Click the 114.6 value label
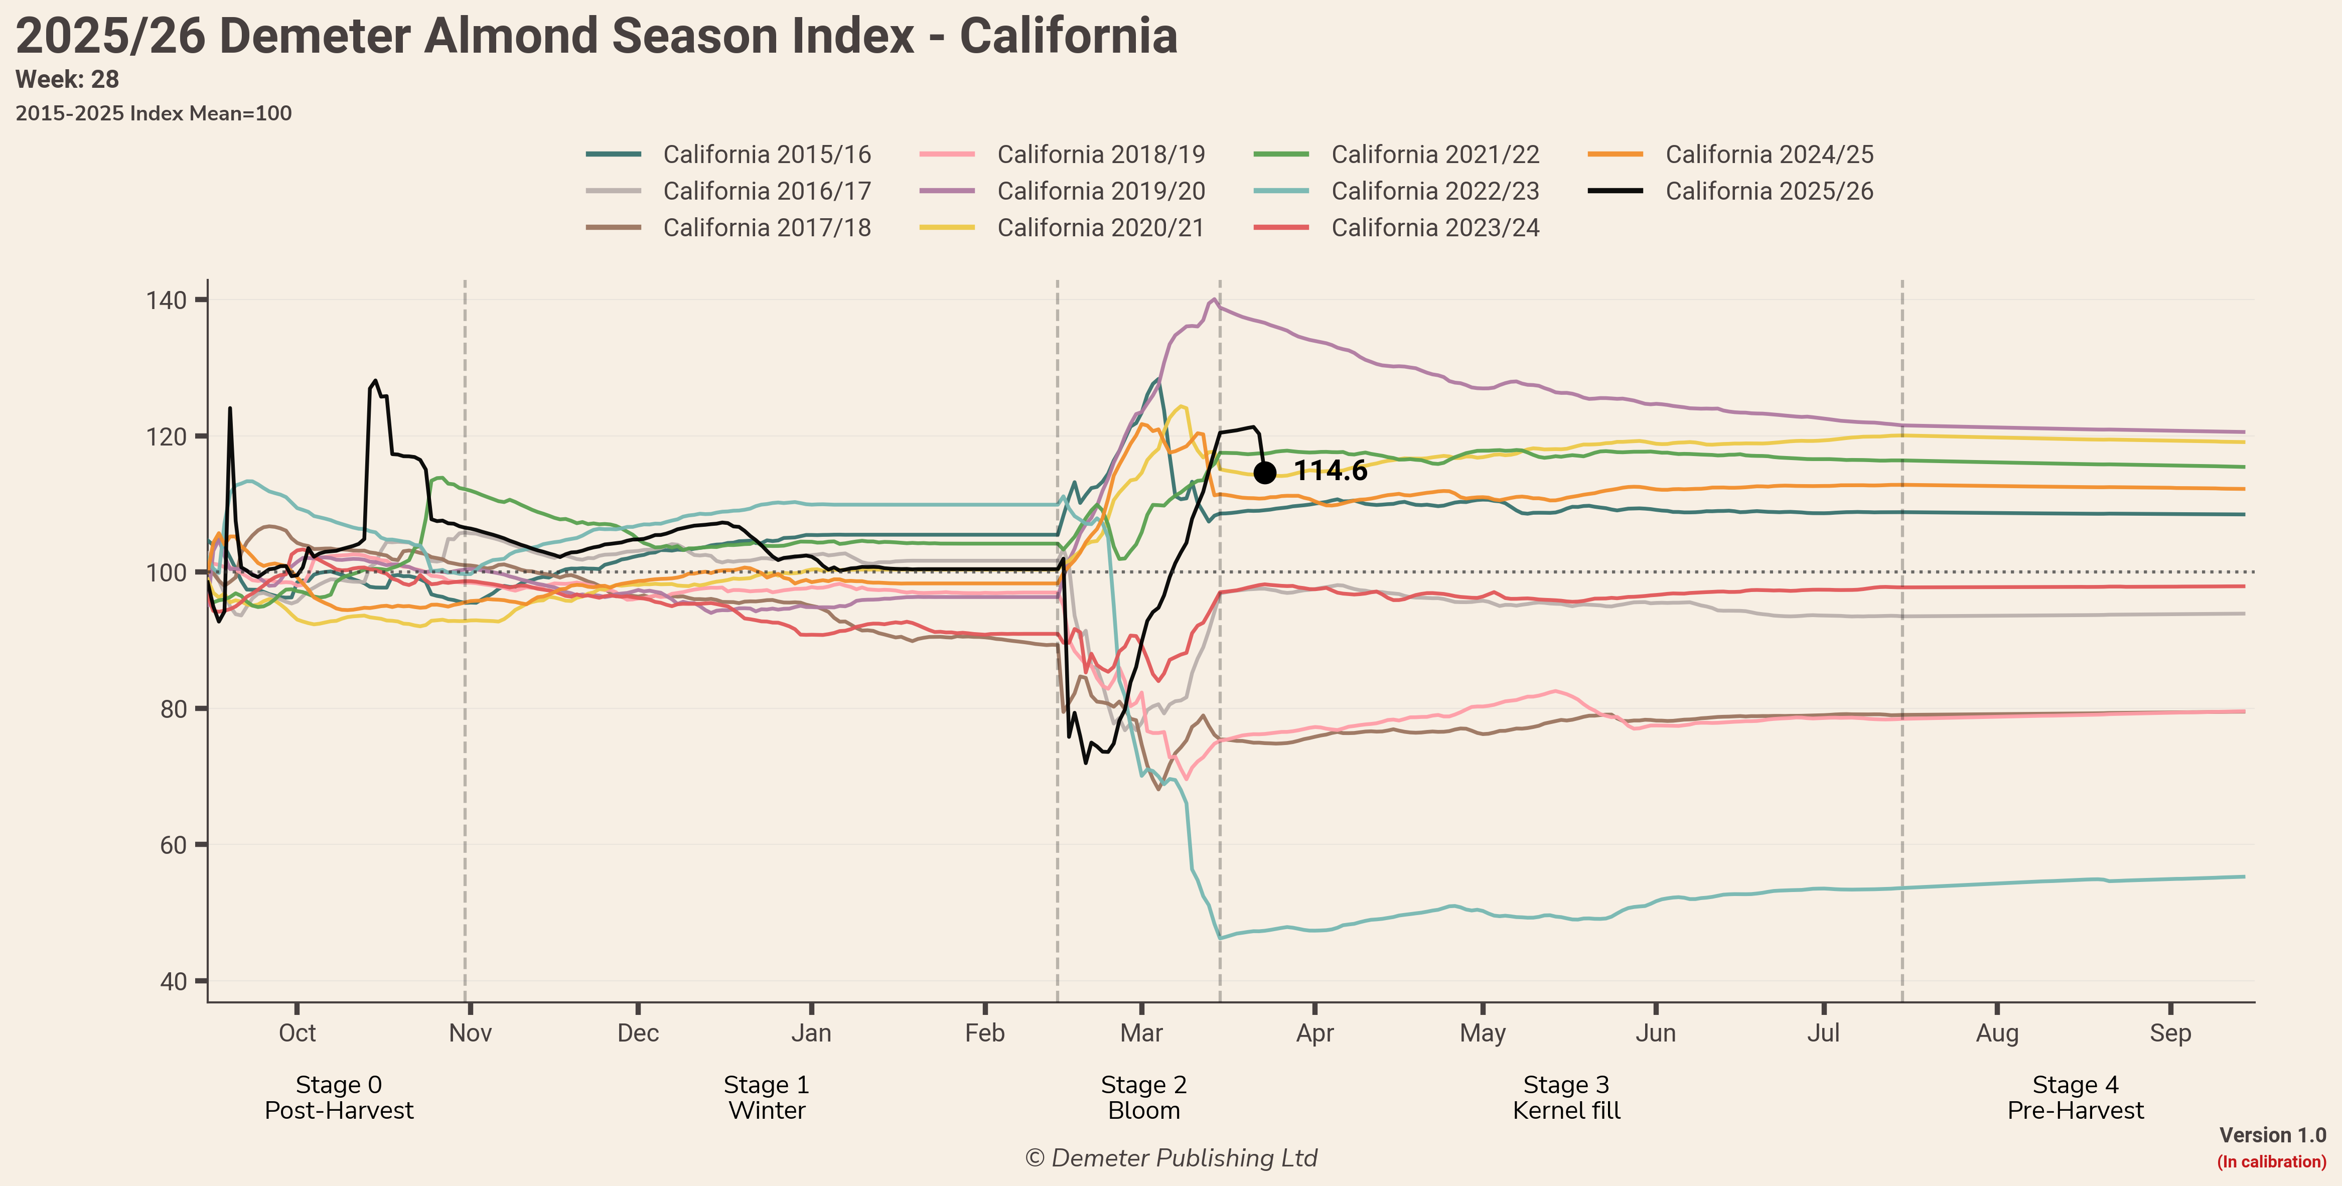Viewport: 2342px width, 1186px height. click(1330, 471)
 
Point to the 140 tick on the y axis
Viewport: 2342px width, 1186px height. click(167, 300)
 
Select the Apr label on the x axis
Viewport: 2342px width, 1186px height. click(1314, 1033)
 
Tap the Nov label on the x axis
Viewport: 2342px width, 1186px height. click(470, 1033)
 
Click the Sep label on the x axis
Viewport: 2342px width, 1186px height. click(2170, 1033)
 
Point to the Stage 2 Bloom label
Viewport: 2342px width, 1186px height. click(1144, 1097)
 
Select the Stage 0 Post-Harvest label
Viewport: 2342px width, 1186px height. click(339, 1097)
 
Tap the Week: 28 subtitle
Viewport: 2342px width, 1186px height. click(67, 80)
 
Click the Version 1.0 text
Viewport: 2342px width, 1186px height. click(2272, 1135)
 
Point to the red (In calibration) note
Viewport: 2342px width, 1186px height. click(2271, 1161)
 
